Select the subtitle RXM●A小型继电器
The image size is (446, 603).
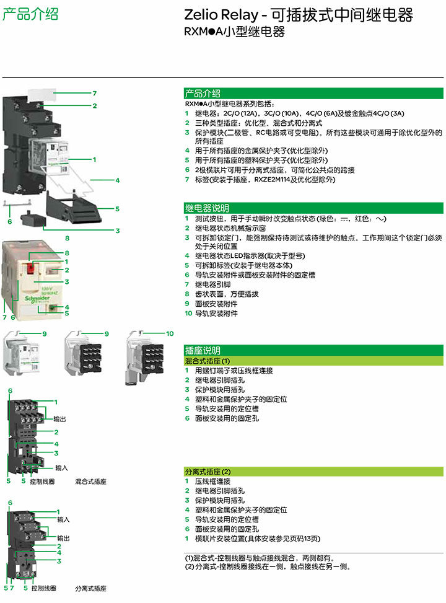(234, 32)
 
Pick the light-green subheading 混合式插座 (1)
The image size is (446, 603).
(208, 361)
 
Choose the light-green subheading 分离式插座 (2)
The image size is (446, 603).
(208, 472)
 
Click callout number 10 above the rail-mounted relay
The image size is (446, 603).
(170, 334)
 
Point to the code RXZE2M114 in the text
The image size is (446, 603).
(273, 180)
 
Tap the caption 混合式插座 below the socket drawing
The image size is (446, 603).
(91, 481)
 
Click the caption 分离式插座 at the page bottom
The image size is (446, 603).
(91, 588)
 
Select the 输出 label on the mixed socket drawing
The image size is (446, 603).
(60, 419)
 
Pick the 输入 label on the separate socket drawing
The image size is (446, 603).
(63, 519)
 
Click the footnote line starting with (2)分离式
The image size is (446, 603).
(268, 566)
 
